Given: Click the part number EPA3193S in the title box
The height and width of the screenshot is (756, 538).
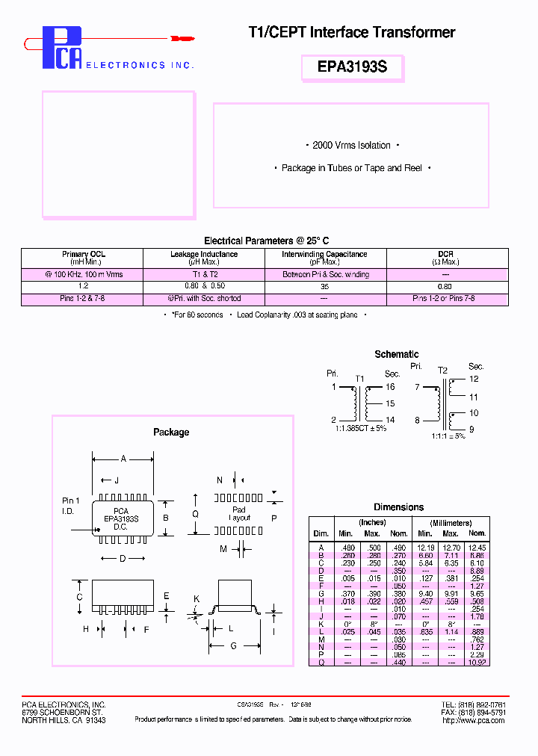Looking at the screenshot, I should (x=352, y=66).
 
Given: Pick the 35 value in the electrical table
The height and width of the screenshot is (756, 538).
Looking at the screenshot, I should (x=324, y=286).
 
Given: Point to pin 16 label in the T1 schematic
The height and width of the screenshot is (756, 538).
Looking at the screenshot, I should (x=390, y=387).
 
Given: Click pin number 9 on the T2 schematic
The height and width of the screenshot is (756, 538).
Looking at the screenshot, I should (x=471, y=429).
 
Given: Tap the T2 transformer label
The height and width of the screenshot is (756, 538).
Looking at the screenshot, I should (x=442, y=370).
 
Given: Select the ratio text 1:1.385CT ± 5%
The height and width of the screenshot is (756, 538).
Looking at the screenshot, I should (x=361, y=428).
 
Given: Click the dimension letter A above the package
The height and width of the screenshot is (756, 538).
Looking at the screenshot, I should (x=123, y=459).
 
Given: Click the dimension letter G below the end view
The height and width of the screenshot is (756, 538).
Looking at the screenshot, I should (x=233, y=645).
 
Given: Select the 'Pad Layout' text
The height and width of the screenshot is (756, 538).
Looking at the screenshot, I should (x=239, y=513).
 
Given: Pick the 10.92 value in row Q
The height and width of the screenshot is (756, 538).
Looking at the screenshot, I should (x=477, y=662).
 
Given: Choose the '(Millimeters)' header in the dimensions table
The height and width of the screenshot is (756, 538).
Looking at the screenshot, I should (x=451, y=523).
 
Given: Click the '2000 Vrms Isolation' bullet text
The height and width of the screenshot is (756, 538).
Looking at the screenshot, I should (x=351, y=146).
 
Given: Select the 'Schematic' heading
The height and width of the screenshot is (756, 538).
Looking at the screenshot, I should (x=396, y=354).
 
